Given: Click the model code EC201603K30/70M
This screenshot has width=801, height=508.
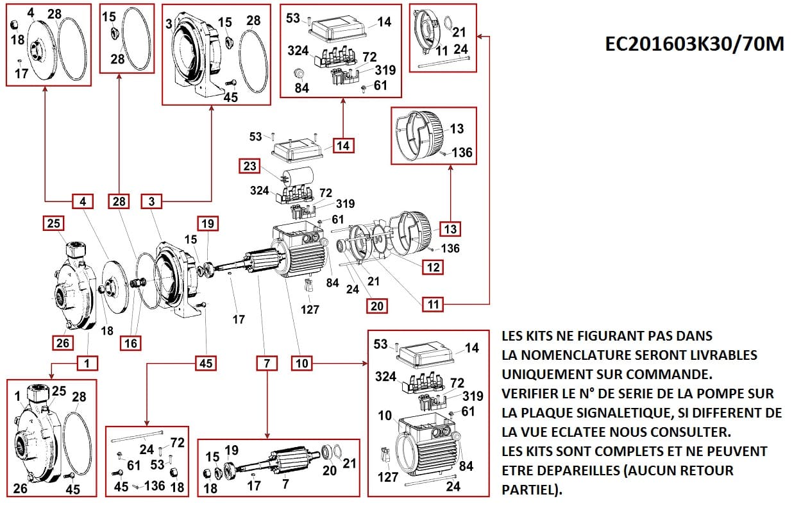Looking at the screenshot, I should pos(694,44).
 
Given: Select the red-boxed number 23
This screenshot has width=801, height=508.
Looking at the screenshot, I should pos(250,166).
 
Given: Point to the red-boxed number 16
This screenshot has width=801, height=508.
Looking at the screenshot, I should pos(130,343).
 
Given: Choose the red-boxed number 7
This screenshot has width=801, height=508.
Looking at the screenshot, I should pos(266,364).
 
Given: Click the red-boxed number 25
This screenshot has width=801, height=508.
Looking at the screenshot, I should pos(53,223).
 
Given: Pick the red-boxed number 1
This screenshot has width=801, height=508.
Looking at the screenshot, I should pos(88,364).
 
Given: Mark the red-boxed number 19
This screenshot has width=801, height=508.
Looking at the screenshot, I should pos(207,223).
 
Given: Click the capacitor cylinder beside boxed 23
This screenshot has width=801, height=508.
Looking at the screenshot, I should pos(298,176).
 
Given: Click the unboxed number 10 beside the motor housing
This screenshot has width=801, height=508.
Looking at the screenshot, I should pos(385,416).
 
